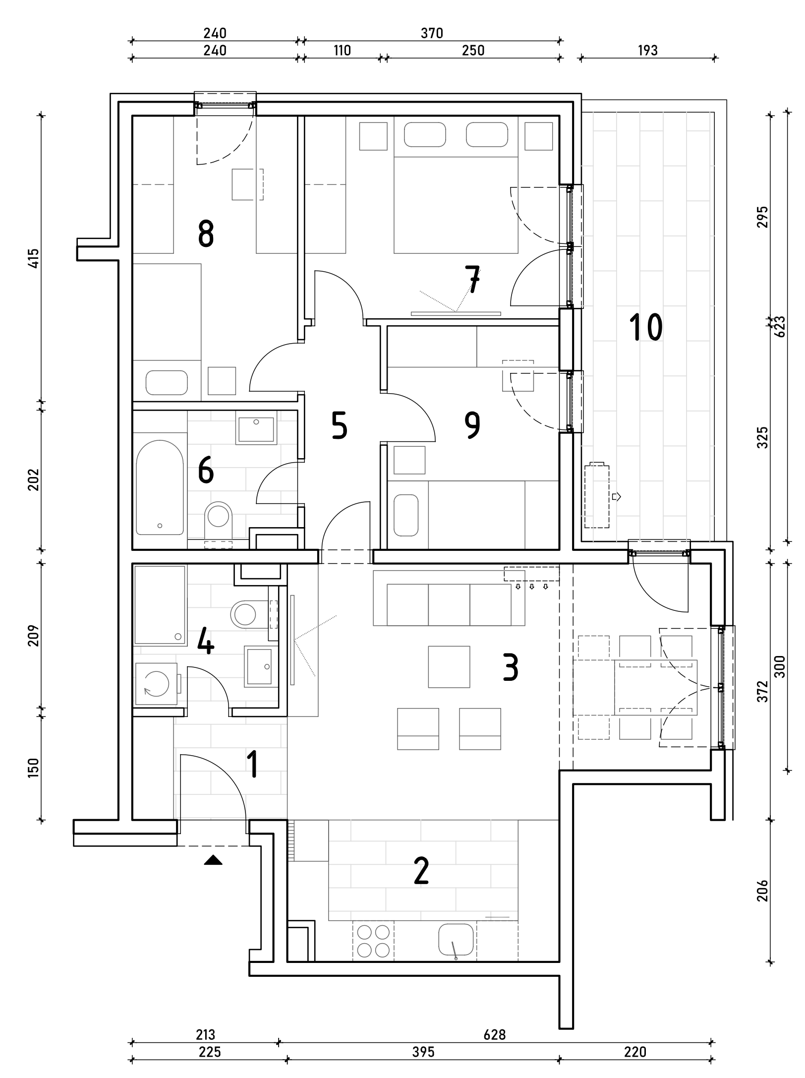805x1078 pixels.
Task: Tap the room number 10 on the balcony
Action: [646, 327]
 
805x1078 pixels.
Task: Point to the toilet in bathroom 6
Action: [219, 518]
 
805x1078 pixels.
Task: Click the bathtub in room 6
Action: [160, 488]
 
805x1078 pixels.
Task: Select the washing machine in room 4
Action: [156, 684]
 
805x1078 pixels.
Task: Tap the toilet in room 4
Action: [245, 613]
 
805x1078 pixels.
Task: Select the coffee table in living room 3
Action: [449, 666]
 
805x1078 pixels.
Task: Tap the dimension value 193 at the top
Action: [647, 50]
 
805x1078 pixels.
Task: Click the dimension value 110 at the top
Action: [342, 50]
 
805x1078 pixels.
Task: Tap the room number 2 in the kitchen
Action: [421, 871]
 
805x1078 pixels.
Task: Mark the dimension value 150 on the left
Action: [33, 768]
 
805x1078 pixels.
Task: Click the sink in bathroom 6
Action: [256, 429]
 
